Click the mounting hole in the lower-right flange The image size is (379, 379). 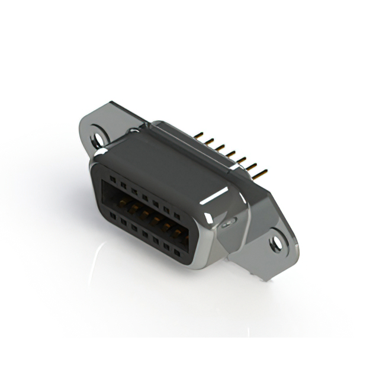pyautogui.click(x=277, y=242)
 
